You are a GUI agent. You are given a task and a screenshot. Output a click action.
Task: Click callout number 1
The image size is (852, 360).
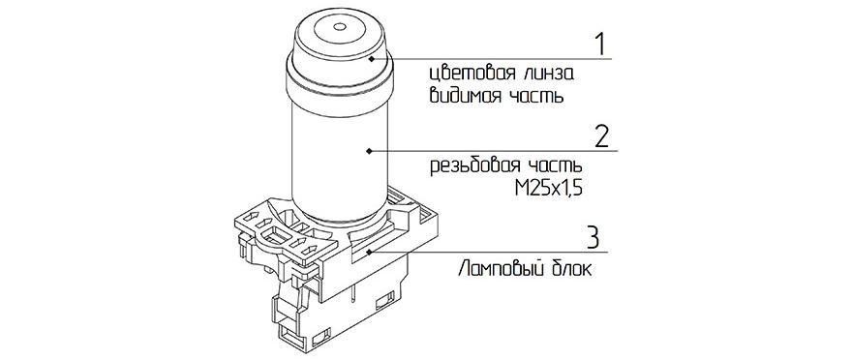599,45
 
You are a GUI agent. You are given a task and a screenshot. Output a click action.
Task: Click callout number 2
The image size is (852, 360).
602,136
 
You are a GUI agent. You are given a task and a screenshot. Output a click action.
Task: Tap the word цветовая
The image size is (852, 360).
465,73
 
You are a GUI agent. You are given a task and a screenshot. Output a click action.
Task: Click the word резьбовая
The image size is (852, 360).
471,165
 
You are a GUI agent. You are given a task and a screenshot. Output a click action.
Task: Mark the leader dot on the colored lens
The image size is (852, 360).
371,57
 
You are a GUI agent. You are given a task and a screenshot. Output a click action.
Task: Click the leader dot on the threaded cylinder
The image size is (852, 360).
369,150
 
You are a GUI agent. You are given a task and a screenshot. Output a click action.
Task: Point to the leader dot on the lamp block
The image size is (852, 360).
369,252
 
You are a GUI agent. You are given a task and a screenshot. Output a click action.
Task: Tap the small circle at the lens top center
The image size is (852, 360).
340,26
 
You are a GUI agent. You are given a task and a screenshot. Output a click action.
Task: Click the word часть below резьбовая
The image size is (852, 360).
553,165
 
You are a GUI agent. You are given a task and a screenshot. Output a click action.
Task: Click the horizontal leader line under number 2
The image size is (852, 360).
494,151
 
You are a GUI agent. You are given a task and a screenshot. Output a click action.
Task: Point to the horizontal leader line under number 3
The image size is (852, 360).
489,252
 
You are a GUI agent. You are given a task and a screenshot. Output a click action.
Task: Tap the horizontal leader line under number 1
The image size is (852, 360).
492,58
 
